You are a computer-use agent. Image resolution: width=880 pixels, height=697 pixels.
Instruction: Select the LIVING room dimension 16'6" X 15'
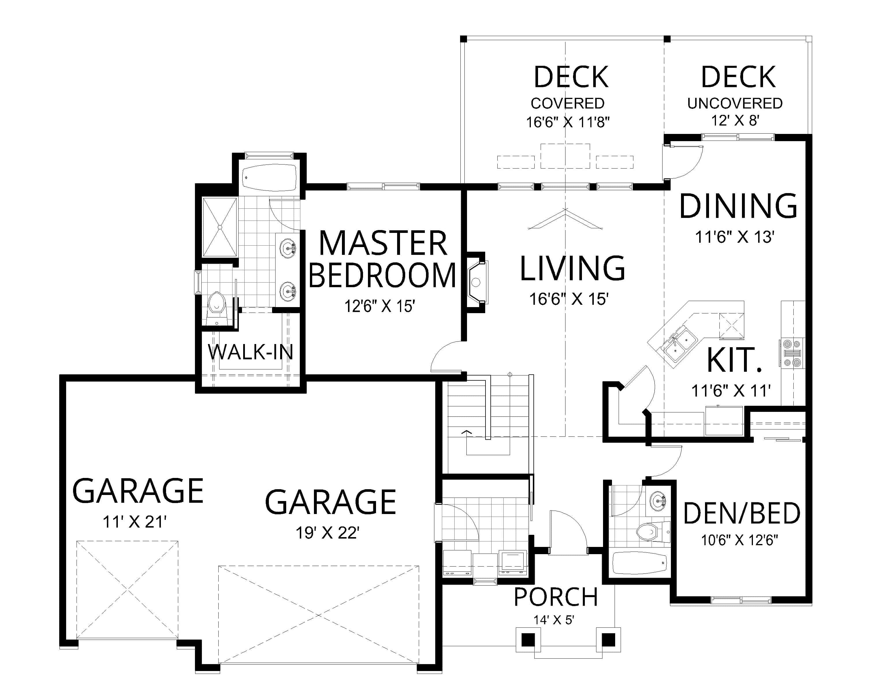coord(569,299)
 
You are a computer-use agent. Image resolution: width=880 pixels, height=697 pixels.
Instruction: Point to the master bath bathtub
coord(269,177)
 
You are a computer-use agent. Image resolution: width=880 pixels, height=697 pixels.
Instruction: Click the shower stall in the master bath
coord(219,227)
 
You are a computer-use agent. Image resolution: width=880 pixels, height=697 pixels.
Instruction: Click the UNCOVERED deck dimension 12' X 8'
coord(735,121)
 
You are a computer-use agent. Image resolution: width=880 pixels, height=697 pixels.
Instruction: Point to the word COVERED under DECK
coord(567,104)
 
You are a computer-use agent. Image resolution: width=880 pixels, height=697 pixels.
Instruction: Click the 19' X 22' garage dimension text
coord(327,533)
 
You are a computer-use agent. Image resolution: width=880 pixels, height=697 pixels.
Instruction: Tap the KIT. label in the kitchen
coord(734,360)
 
